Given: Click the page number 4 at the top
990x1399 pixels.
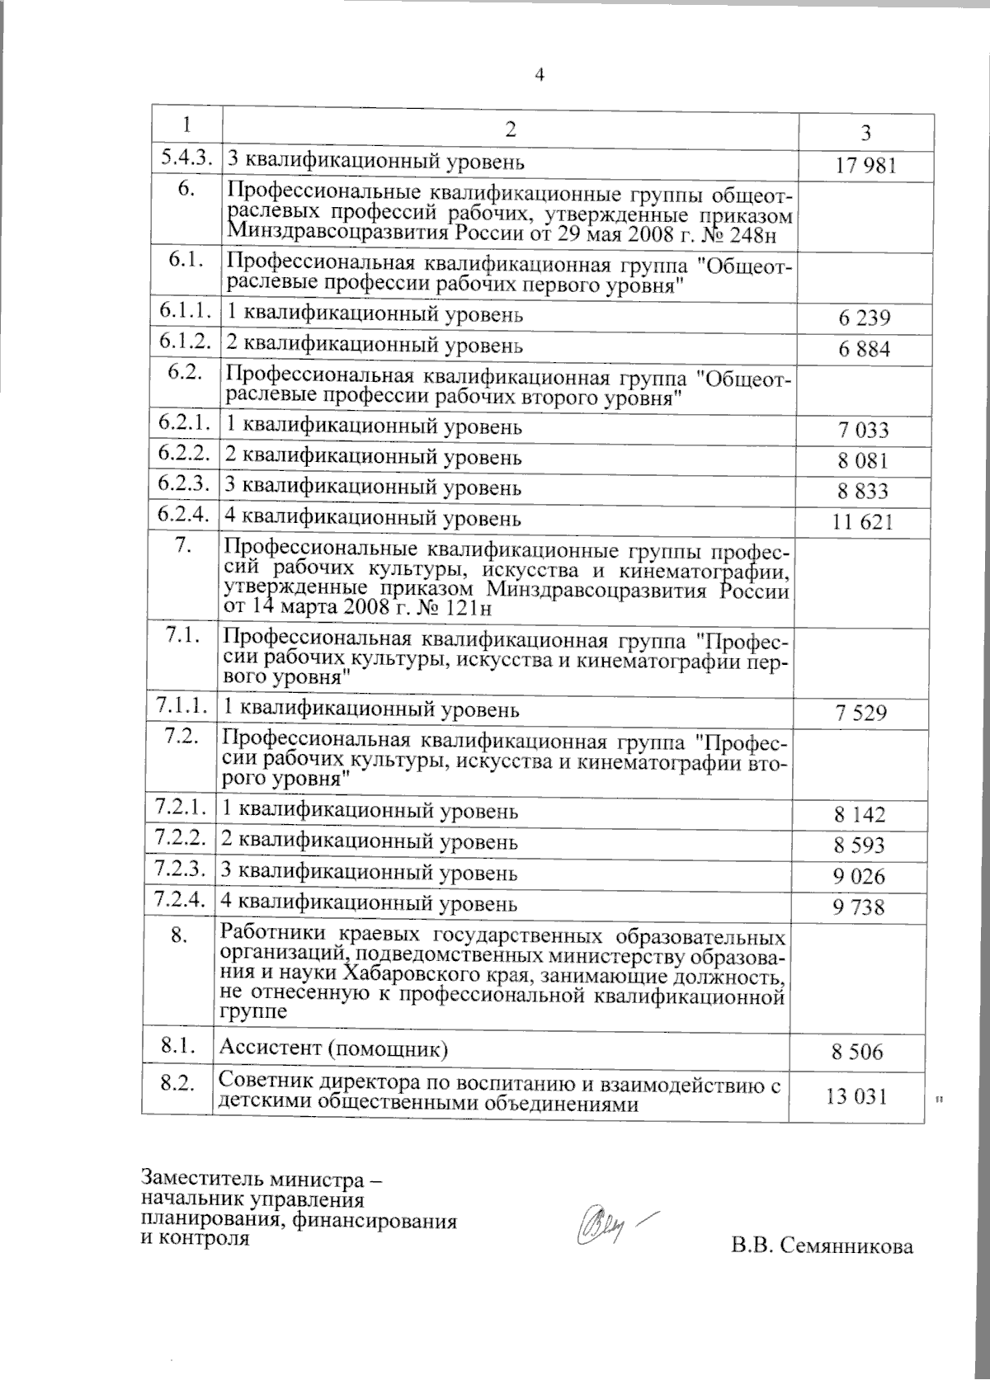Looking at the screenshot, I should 540,75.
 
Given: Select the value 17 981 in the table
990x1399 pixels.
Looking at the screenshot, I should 865,166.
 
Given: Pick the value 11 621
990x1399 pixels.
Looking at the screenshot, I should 864,522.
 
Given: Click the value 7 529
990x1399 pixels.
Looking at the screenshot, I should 861,713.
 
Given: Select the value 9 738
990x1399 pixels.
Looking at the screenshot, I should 860,907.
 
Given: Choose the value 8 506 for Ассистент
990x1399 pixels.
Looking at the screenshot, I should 858,1052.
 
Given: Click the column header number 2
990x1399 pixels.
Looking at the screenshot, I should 511,129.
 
